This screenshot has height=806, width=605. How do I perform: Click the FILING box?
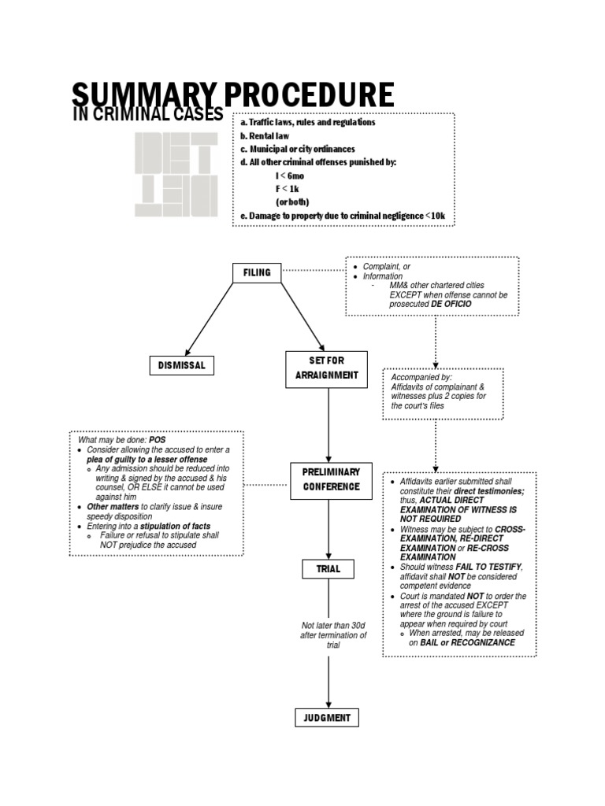click(257, 272)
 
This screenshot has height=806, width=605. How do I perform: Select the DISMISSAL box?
click(181, 365)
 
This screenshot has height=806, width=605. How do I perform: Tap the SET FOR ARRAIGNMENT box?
click(326, 368)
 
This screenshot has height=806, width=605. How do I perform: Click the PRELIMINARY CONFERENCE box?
click(331, 479)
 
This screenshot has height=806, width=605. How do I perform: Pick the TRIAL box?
click(328, 568)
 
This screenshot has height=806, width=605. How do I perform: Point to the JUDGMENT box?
click(328, 718)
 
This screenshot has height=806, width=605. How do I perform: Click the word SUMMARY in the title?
click(145, 95)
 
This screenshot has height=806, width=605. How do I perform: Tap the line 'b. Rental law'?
click(265, 135)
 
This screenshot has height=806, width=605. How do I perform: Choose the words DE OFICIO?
click(451, 304)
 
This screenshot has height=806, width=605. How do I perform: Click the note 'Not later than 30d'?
click(333, 626)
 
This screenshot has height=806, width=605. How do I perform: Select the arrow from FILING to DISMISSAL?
click(209, 317)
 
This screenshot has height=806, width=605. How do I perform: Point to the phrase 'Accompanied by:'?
click(421, 378)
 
